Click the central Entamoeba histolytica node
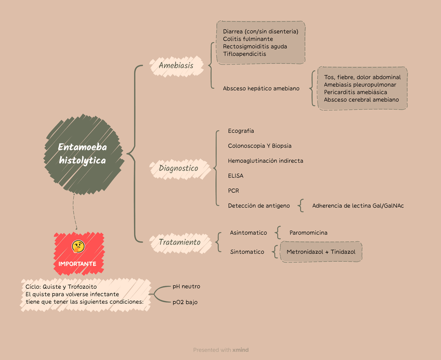point(83,154)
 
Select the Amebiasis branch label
point(176,66)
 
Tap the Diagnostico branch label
point(178,168)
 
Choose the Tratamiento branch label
point(179,242)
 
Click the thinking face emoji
point(78,247)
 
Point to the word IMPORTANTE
point(77,264)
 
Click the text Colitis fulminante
point(248,39)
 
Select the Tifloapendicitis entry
point(244,54)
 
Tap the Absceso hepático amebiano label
point(261,88)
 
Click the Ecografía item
point(241,131)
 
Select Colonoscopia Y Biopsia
point(260,146)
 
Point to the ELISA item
point(236,176)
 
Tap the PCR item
point(234,191)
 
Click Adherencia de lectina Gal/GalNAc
point(358,205)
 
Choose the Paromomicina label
point(308,233)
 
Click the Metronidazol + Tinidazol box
point(321,252)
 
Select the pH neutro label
point(186,286)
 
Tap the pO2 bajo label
point(185,302)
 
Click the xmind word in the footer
point(241,350)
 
